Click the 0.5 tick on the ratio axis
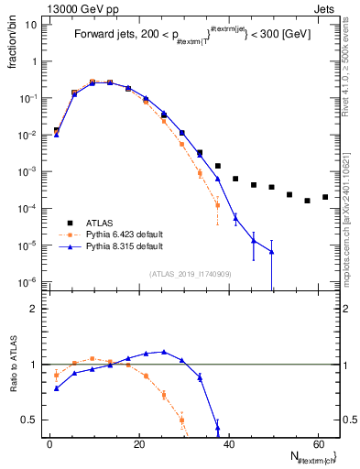pos(32,420)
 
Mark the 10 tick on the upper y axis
pos(29,25)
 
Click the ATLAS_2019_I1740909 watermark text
pos(190,274)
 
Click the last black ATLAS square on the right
pos(325,197)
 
